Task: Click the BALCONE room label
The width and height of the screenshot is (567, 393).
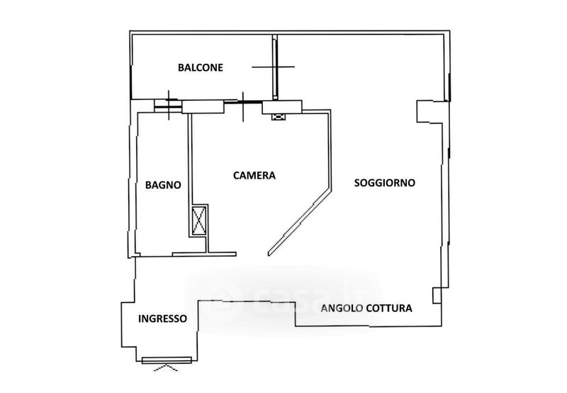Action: point(201,68)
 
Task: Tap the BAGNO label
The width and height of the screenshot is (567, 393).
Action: point(163,185)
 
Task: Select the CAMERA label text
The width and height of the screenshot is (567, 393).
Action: point(254,175)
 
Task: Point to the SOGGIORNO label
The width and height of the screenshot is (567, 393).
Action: point(385,182)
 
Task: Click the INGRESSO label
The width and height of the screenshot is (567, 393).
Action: point(163,319)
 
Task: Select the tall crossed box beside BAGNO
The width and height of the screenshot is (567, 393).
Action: point(199,220)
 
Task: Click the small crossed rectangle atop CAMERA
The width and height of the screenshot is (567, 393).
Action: point(278,117)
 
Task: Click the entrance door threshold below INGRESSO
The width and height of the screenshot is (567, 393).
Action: point(167,360)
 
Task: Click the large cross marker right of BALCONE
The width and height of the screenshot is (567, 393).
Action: point(274,67)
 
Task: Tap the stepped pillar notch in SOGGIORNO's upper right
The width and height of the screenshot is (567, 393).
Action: point(427,111)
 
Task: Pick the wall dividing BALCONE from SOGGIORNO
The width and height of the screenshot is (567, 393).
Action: point(274,67)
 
